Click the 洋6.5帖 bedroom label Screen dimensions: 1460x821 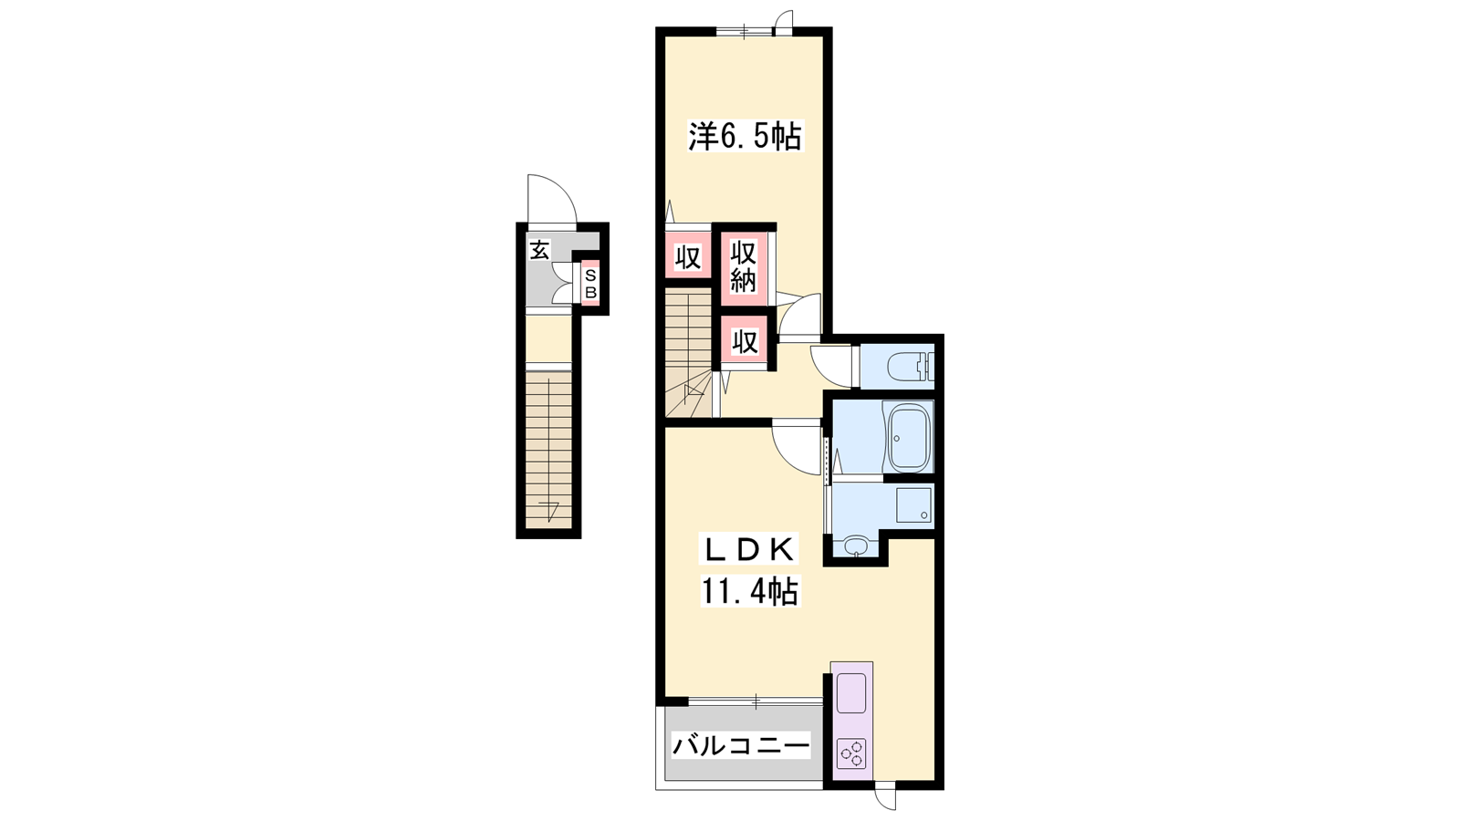pos(746,136)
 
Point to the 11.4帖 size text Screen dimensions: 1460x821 pos(749,592)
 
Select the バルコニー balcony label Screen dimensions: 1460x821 pos(741,744)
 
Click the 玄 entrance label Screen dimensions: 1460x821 pos(539,250)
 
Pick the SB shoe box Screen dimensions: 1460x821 pos(590,283)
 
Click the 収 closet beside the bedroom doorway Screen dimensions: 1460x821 pos(688,256)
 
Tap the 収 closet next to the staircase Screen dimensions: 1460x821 pos(745,342)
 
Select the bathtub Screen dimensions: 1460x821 pos(908,437)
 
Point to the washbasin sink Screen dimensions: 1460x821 pos(856,546)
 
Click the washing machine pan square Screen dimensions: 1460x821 pos(914,505)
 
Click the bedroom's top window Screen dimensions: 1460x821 pos(745,30)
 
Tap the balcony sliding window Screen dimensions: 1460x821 pos(756,701)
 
